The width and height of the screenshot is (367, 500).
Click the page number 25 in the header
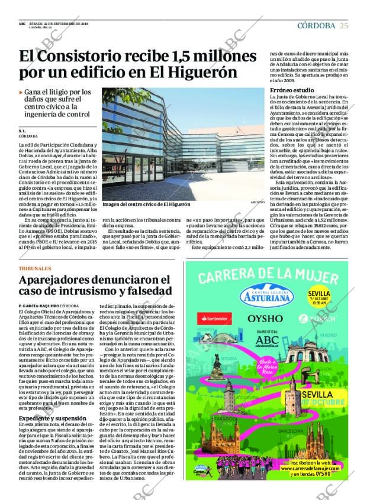(344, 25)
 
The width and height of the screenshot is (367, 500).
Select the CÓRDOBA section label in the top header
(316, 25)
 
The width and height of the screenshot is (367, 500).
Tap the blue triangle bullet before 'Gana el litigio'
(21, 92)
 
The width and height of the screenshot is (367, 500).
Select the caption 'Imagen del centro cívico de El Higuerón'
(146, 204)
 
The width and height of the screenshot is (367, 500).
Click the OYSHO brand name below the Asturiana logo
(264, 318)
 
